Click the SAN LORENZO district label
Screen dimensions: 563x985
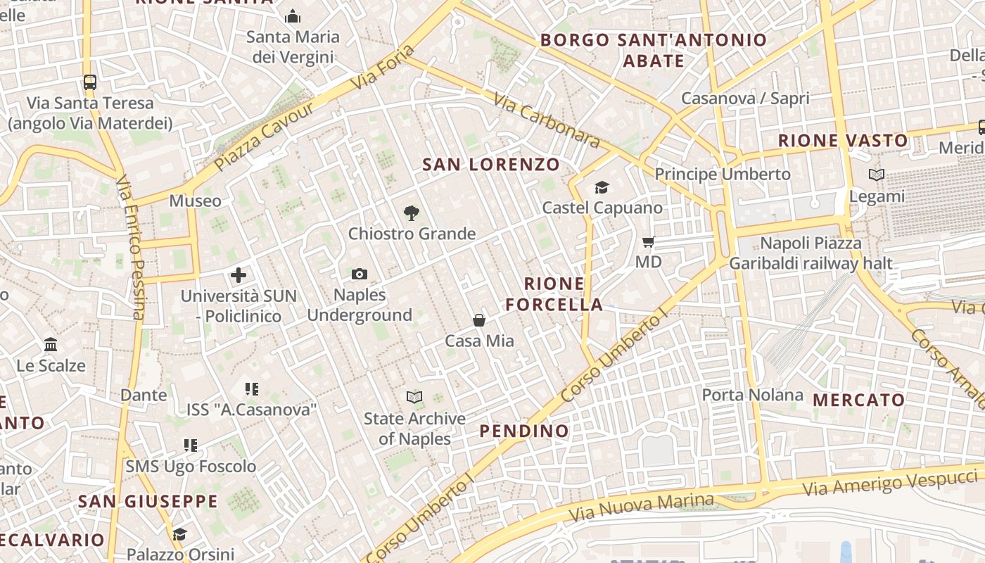(x=491, y=165)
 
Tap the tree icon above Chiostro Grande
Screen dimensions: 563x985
(x=412, y=213)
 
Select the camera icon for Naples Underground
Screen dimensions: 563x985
(x=360, y=274)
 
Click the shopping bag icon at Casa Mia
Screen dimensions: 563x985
(x=479, y=320)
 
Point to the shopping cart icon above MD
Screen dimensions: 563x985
(x=649, y=241)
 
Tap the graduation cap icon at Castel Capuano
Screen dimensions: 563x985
(x=602, y=187)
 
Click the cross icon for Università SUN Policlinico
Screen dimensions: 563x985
(x=239, y=275)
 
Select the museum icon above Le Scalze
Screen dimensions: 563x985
(x=51, y=345)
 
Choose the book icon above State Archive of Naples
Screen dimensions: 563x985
(x=414, y=398)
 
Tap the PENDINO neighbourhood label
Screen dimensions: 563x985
(x=524, y=431)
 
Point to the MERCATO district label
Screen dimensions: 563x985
(x=858, y=400)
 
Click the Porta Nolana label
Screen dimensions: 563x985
(x=752, y=395)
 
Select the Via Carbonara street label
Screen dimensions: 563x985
(x=547, y=121)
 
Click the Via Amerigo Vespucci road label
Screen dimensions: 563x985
(x=891, y=479)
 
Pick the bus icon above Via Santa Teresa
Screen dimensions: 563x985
(x=90, y=82)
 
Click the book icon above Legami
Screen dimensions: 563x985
(x=877, y=175)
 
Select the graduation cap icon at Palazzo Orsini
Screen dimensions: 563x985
(x=180, y=534)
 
